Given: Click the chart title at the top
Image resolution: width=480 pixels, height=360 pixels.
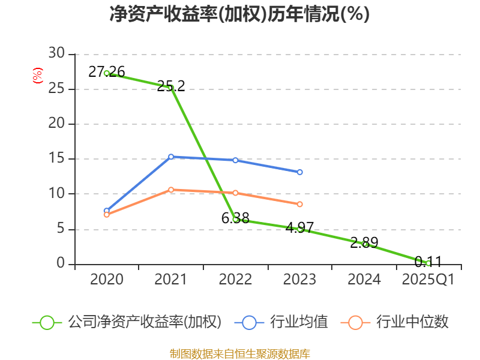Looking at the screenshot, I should [x=239, y=14].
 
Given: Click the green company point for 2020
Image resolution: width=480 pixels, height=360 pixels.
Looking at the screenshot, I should [x=107, y=73].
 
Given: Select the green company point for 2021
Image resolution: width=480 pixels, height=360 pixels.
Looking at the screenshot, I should [x=171, y=88].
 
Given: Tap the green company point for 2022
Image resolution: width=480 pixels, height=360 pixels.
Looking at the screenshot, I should [x=235, y=220].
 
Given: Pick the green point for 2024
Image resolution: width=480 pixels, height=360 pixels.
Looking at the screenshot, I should [x=364, y=244].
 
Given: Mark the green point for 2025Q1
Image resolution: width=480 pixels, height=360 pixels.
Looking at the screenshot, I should [x=428, y=263].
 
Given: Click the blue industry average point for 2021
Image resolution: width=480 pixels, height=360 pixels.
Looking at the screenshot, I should [x=171, y=157].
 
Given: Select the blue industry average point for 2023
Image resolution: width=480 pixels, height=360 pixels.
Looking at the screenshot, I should [x=300, y=172].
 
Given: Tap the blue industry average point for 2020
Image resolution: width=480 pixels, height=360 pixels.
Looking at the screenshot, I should [x=107, y=211].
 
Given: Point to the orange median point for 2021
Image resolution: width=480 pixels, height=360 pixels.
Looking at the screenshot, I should [x=171, y=190].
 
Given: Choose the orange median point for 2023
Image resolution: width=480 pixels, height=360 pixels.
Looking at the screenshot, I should [x=300, y=204].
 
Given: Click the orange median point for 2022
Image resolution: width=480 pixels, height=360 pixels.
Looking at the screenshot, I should [x=235, y=193].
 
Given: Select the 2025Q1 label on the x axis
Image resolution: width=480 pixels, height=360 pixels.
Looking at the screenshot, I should [x=428, y=280].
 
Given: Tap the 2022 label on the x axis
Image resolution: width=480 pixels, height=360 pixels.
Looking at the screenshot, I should [x=235, y=280].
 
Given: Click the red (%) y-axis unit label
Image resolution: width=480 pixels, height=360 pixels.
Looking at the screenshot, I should [x=37, y=76].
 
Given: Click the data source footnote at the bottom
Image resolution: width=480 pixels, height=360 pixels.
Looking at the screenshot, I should [x=239, y=353].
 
